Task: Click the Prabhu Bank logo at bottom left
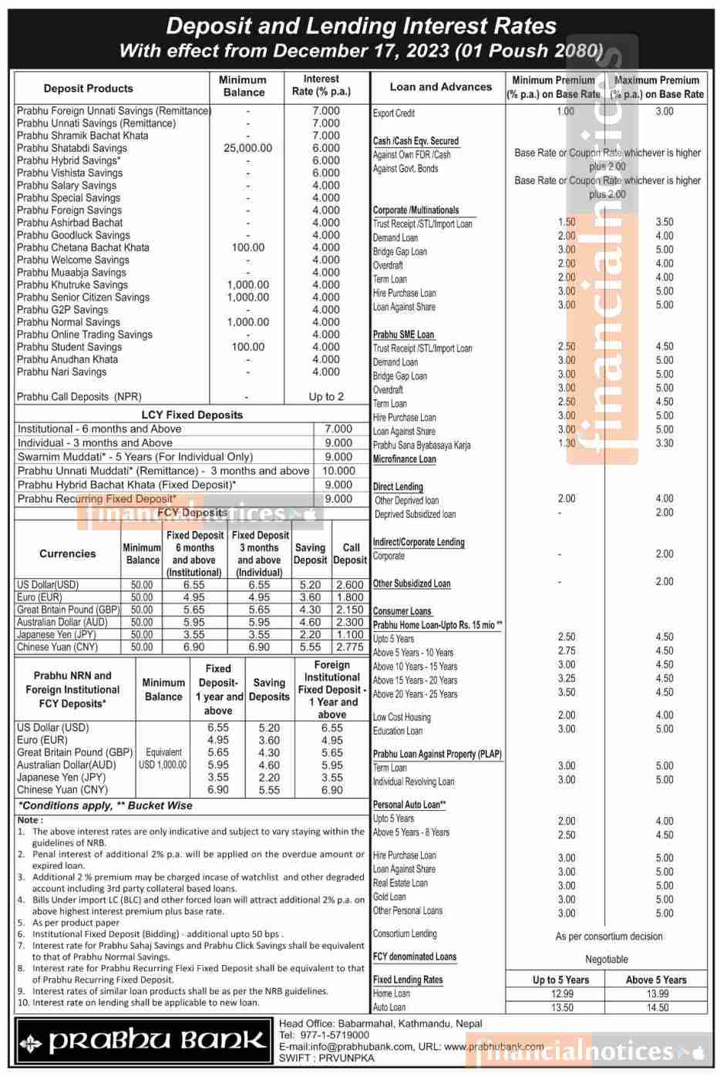(x=144, y=1041)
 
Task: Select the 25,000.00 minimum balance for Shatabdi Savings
(x=247, y=148)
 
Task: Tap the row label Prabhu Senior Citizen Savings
(x=83, y=298)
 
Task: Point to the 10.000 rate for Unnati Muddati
(x=338, y=471)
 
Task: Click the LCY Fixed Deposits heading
(x=192, y=415)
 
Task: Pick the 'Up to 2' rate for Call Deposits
(x=326, y=397)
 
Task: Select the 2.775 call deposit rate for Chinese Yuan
(x=350, y=647)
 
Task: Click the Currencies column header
(x=68, y=553)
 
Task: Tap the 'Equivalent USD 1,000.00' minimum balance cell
(x=163, y=758)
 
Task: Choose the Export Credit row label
(x=394, y=113)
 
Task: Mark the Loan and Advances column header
(x=440, y=87)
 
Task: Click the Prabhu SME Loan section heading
(x=404, y=335)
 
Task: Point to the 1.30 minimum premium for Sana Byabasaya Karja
(x=567, y=443)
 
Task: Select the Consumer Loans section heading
(x=402, y=611)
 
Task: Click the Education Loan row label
(x=398, y=731)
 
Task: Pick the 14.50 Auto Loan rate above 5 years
(x=658, y=1007)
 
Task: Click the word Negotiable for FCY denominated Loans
(x=607, y=960)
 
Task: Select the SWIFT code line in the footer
(x=327, y=1058)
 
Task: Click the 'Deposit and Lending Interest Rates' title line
(x=361, y=26)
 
